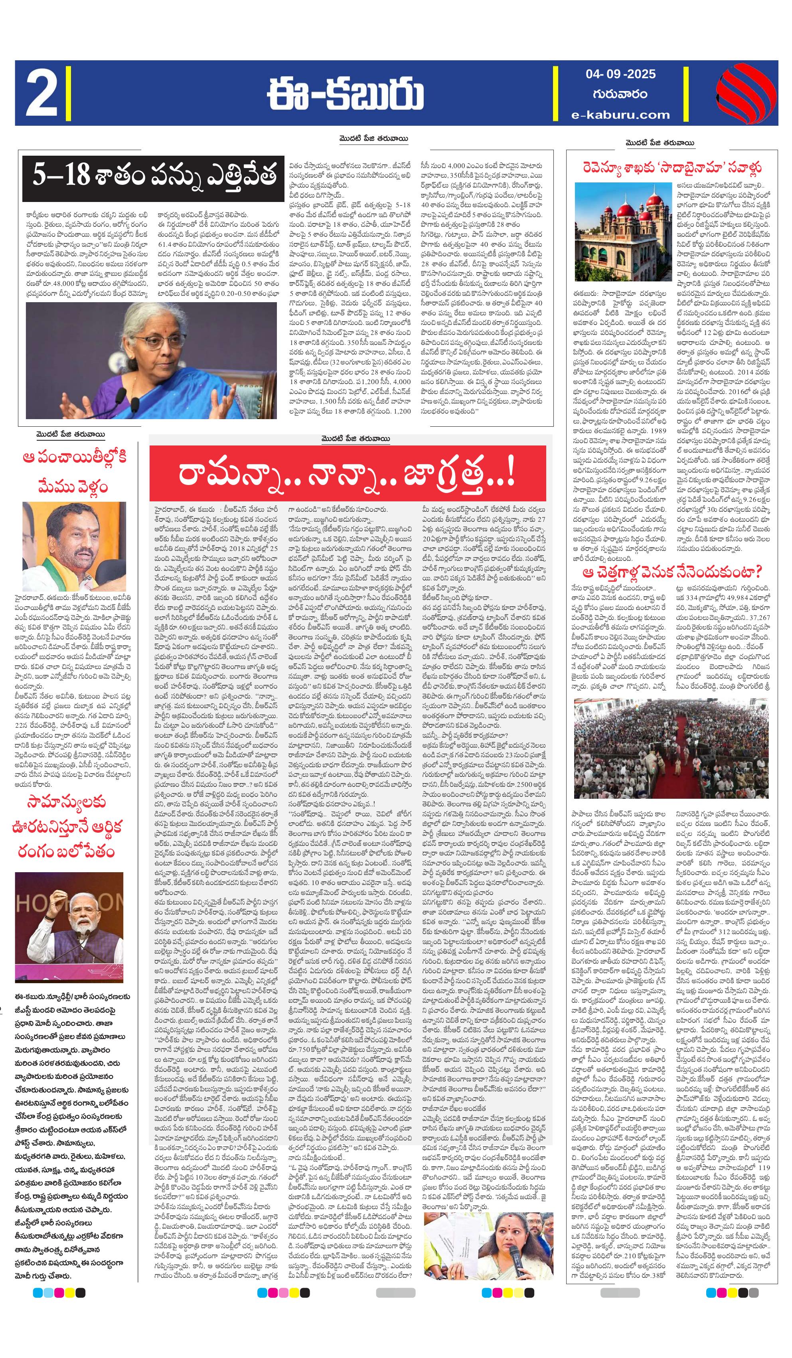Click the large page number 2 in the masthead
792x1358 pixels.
tap(41, 94)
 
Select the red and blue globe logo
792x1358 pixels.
tap(746, 93)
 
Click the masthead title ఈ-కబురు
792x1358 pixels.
tap(346, 94)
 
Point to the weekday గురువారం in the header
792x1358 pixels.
tap(620, 94)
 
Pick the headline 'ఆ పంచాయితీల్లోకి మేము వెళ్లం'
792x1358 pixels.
tap(74, 471)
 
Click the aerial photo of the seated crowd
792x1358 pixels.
tap(672, 748)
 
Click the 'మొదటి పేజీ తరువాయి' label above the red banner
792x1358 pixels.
tap(353, 439)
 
